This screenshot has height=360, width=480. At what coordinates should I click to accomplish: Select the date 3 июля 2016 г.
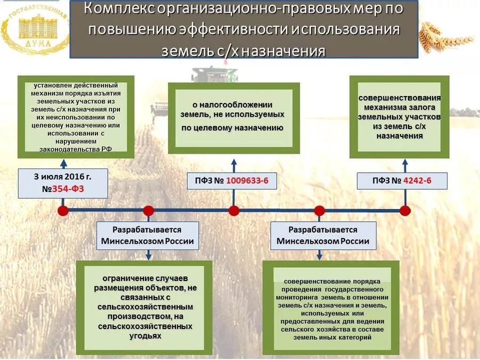[63, 176]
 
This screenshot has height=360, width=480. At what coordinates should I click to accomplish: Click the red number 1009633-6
[247, 181]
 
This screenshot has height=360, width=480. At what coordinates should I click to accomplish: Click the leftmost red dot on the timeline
[63, 210]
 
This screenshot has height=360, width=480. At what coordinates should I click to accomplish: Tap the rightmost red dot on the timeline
[405, 210]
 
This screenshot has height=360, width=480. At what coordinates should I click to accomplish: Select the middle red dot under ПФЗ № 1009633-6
[234, 210]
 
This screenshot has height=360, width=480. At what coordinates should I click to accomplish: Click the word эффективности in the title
[219, 29]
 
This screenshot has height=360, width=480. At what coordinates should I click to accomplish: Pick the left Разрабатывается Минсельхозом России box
[148, 235]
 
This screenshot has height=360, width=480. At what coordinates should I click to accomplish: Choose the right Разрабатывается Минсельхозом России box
[323, 235]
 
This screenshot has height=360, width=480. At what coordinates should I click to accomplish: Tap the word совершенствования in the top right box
[399, 98]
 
